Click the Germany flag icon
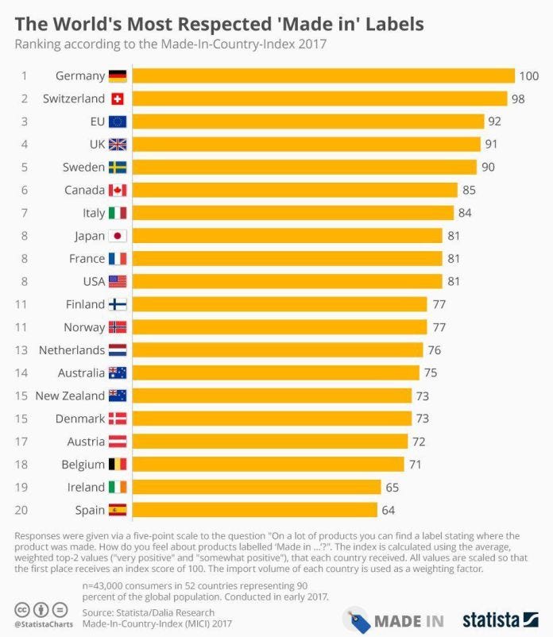click(118, 76)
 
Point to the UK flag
click(118, 145)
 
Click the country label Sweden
click(83, 167)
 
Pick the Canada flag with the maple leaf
click(118, 190)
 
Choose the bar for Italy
click(292, 213)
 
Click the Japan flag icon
click(118, 236)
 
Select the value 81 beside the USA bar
click(455, 281)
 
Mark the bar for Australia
click(275, 373)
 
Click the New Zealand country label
click(70, 396)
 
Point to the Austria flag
click(118, 442)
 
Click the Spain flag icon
click(118, 510)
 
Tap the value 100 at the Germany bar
click(529, 76)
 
